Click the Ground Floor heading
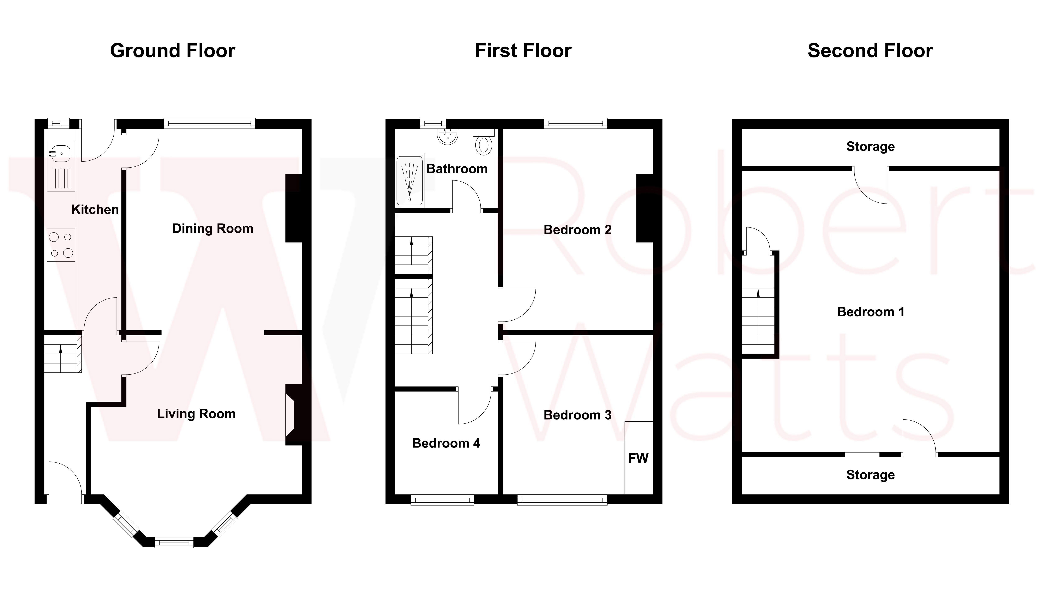tap(172, 51)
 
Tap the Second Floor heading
tap(870, 51)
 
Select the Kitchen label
tap(95, 210)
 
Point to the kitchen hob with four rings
tap(61, 245)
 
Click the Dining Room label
tap(213, 229)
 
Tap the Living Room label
tap(196, 414)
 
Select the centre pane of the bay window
tap(174, 542)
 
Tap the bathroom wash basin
tap(448, 137)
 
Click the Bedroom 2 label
tap(577, 230)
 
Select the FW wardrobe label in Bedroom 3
tap(638, 458)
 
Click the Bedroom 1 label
tap(870, 312)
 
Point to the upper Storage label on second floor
tap(870, 146)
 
